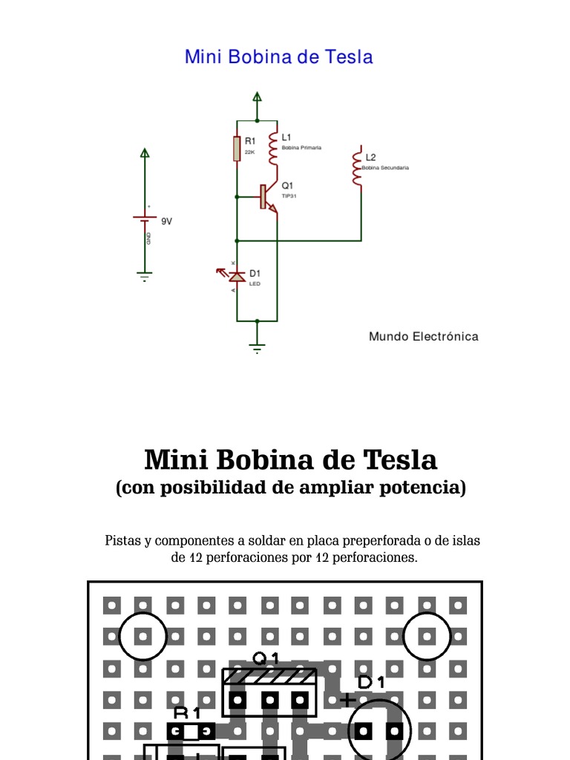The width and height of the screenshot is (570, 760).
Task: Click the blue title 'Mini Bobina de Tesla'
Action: [278, 57]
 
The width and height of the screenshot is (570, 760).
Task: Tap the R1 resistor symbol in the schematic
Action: [237, 148]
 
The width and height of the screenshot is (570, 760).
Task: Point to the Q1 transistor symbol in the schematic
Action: [268, 197]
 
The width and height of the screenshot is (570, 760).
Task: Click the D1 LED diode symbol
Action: [237, 277]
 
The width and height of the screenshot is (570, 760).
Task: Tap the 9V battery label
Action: [167, 221]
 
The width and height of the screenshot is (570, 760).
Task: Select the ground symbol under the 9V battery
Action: [145, 276]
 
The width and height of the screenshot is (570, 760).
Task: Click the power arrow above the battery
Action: [145, 153]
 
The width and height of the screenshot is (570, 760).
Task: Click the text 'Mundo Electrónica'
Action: [424, 336]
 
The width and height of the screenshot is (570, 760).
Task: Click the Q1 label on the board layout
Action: [266, 658]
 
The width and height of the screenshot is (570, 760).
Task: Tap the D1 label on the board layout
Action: [371, 682]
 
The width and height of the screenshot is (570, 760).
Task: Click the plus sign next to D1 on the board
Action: [347, 698]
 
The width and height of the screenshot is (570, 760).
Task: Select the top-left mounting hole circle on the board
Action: [142, 637]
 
